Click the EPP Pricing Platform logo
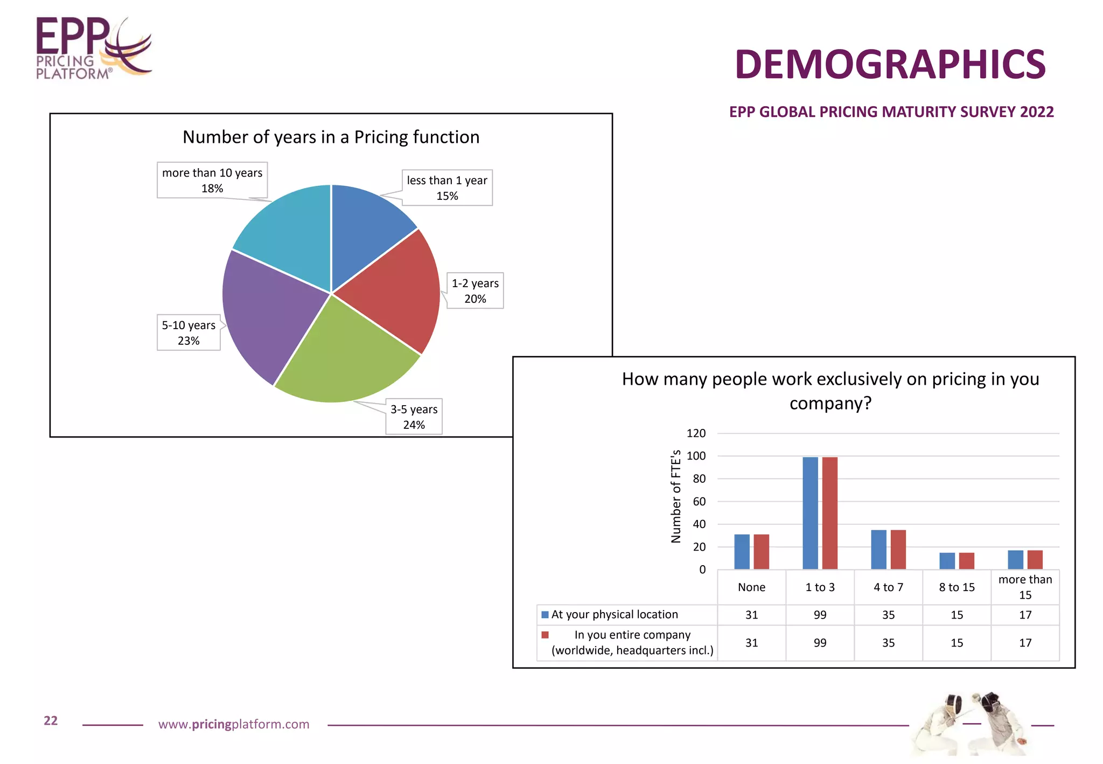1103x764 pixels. coord(93,48)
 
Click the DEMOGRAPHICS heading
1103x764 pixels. coord(890,65)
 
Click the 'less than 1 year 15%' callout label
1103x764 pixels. coord(446,187)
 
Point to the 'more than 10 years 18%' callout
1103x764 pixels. coord(212,180)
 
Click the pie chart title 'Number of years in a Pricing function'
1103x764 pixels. coord(331,137)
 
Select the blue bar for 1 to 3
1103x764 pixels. coord(810,513)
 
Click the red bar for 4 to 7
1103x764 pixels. coord(898,550)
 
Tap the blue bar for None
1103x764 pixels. coord(742,552)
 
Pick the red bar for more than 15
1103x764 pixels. coord(1035,560)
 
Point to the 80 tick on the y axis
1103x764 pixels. coord(699,478)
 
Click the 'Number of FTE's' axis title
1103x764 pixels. coord(676,496)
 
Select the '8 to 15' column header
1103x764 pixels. coord(957,587)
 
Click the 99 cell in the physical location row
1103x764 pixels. coord(820,615)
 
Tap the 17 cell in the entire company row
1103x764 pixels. coord(1025,643)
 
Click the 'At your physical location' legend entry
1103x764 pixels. coord(614,614)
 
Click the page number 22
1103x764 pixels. coord(51,721)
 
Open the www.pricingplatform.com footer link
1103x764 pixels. coord(234,724)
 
